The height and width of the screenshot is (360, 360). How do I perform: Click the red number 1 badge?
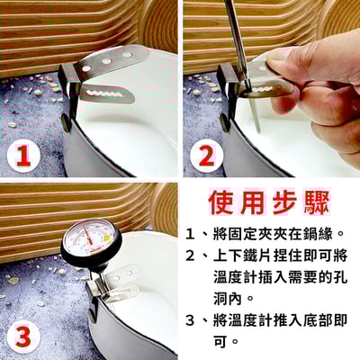23,157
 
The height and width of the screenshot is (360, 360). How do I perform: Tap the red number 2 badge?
207,157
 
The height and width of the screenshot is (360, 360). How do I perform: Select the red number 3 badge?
23,337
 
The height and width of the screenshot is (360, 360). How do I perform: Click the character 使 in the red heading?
221,202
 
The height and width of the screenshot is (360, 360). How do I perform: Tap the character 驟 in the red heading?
317,202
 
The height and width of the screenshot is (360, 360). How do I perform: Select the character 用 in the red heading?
253,202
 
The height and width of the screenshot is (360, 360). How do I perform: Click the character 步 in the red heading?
284,202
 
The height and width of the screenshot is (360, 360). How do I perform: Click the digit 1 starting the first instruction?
189,234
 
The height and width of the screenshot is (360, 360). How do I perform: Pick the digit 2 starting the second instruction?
190,256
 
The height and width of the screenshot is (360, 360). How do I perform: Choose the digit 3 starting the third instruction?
190,320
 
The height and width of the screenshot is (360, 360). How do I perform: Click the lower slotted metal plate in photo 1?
106,94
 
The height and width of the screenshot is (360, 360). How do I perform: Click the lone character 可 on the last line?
220,341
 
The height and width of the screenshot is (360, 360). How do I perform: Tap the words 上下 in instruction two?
228,256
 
